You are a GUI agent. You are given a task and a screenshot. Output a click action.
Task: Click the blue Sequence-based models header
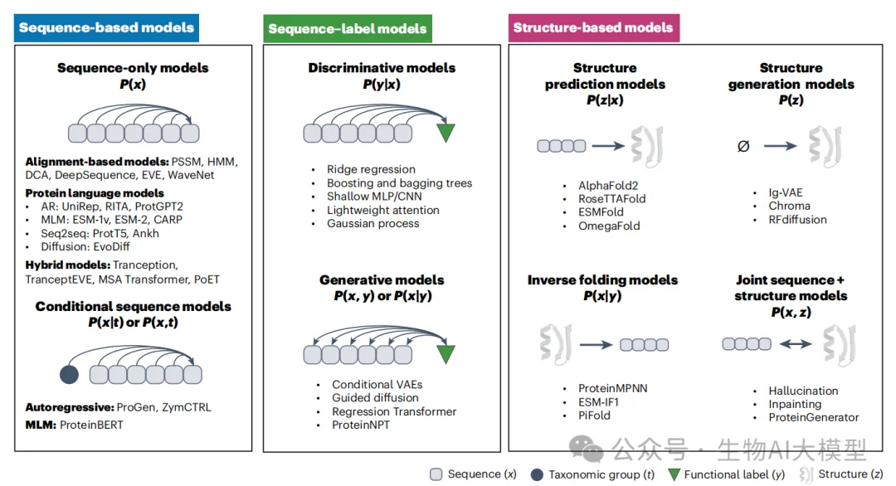tap(105, 27)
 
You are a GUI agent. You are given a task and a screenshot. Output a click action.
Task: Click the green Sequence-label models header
tap(347, 29)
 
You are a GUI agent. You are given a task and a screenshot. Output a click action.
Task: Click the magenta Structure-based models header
tap(592, 27)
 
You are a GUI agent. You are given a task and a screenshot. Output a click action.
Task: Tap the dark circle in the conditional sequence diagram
tap(70, 374)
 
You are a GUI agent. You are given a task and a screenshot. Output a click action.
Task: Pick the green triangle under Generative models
tap(446, 353)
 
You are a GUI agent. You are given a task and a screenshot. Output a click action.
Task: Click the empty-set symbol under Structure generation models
tap(743, 146)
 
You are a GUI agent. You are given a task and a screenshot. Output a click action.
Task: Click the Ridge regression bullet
tap(371, 170)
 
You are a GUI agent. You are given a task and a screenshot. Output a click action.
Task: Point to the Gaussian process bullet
tap(373, 223)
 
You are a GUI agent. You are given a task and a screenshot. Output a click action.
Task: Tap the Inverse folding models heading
tap(602, 280)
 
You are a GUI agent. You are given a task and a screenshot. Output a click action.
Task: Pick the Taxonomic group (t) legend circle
tap(538, 474)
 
